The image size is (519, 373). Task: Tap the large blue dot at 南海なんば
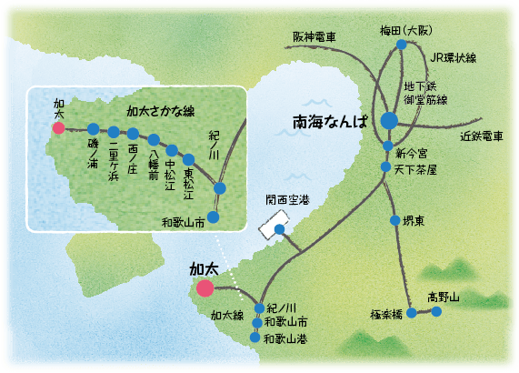tap(389, 119)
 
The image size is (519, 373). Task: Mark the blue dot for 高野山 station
tap(436, 311)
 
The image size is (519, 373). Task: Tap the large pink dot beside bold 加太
tap(205, 288)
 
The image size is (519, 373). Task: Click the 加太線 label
tap(226, 315)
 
